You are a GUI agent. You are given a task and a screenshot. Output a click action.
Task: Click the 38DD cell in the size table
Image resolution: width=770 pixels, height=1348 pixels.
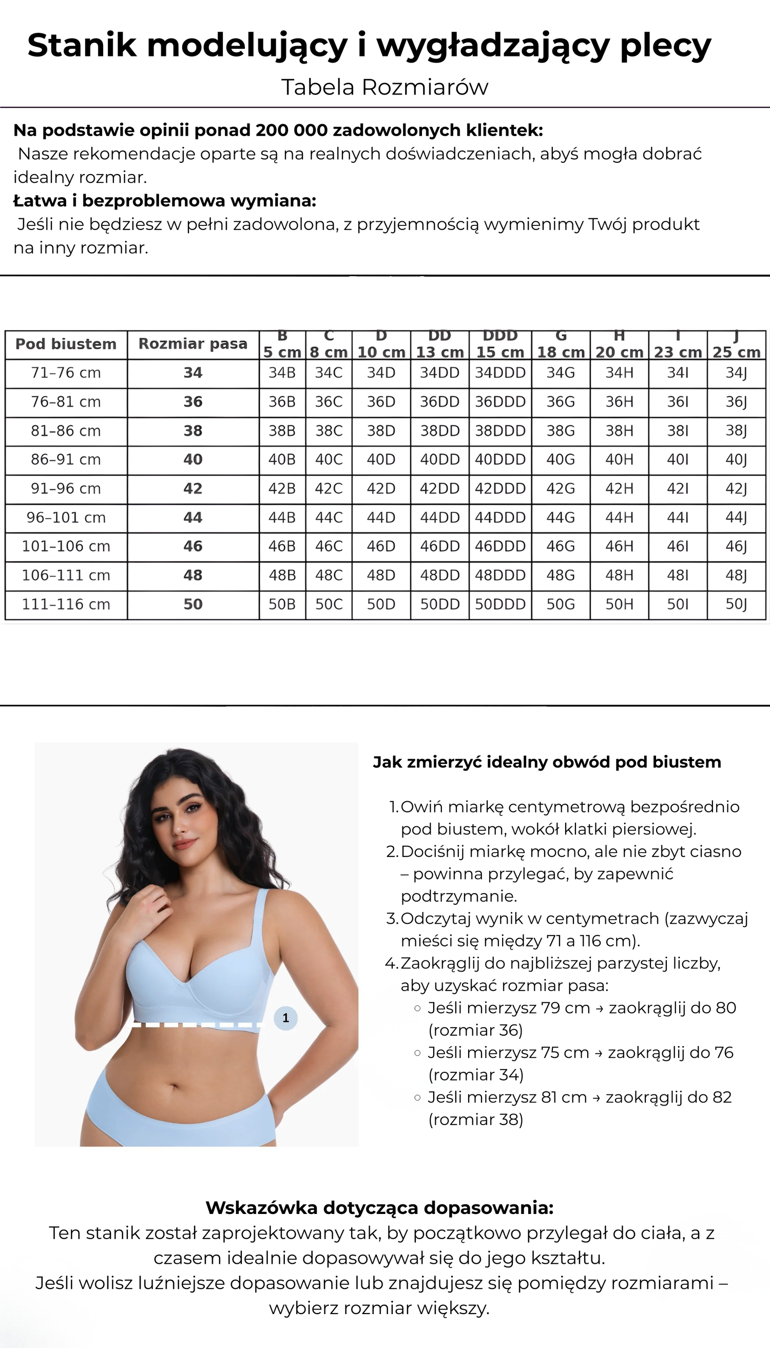click(x=439, y=431)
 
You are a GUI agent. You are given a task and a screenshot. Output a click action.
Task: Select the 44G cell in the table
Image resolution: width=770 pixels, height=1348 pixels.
click(x=561, y=518)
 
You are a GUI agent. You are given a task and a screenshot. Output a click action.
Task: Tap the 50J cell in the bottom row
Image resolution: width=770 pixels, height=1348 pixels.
click(x=736, y=605)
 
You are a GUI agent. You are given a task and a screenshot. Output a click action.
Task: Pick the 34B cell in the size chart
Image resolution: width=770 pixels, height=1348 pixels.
click(x=282, y=373)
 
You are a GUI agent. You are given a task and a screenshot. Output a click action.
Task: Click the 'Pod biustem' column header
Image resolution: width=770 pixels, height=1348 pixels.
click(x=66, y=345)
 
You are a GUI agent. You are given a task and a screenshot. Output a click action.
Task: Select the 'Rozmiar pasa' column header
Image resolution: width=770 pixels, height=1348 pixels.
click(x=192, y=345)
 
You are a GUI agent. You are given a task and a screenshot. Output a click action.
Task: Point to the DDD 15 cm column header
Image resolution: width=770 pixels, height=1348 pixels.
click(x=500, y=345)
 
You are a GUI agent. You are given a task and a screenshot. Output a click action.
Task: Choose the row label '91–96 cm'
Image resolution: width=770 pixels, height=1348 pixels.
click(x=66, y=489)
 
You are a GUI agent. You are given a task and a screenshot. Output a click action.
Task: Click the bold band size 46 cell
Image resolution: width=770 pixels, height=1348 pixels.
click(x=192, y=546)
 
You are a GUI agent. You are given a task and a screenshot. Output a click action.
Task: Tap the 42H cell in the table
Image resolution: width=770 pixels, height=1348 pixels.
click(x=619, y=489)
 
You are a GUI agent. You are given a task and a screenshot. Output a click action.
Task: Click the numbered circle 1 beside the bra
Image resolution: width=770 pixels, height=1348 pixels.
click(x=285, y=1017)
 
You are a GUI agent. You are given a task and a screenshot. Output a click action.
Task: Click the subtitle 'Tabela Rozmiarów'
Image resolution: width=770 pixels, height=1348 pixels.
click(x=384, y=87)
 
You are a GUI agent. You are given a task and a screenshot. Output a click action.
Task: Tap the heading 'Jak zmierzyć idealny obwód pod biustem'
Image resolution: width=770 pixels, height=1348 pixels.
click(x=547, y=763)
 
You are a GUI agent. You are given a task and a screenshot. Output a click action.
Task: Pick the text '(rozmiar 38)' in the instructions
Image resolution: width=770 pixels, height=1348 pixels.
click(x=475, y=1119)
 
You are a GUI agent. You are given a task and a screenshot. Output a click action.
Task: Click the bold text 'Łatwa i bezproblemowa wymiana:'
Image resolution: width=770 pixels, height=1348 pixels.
click(x=164, y=201)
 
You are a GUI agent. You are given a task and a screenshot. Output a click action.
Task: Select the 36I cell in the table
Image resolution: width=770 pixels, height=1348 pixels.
click(x=678, y=402)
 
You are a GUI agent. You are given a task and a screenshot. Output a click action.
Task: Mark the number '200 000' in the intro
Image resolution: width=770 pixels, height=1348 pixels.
click(x=292, y=130)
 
